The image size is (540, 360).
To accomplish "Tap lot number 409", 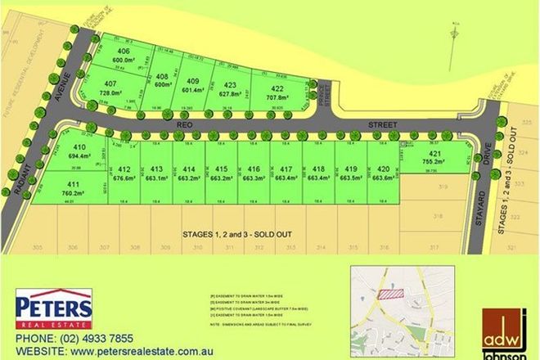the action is tap(192, 80).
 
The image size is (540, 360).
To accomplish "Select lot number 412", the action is tap(124, 169).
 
